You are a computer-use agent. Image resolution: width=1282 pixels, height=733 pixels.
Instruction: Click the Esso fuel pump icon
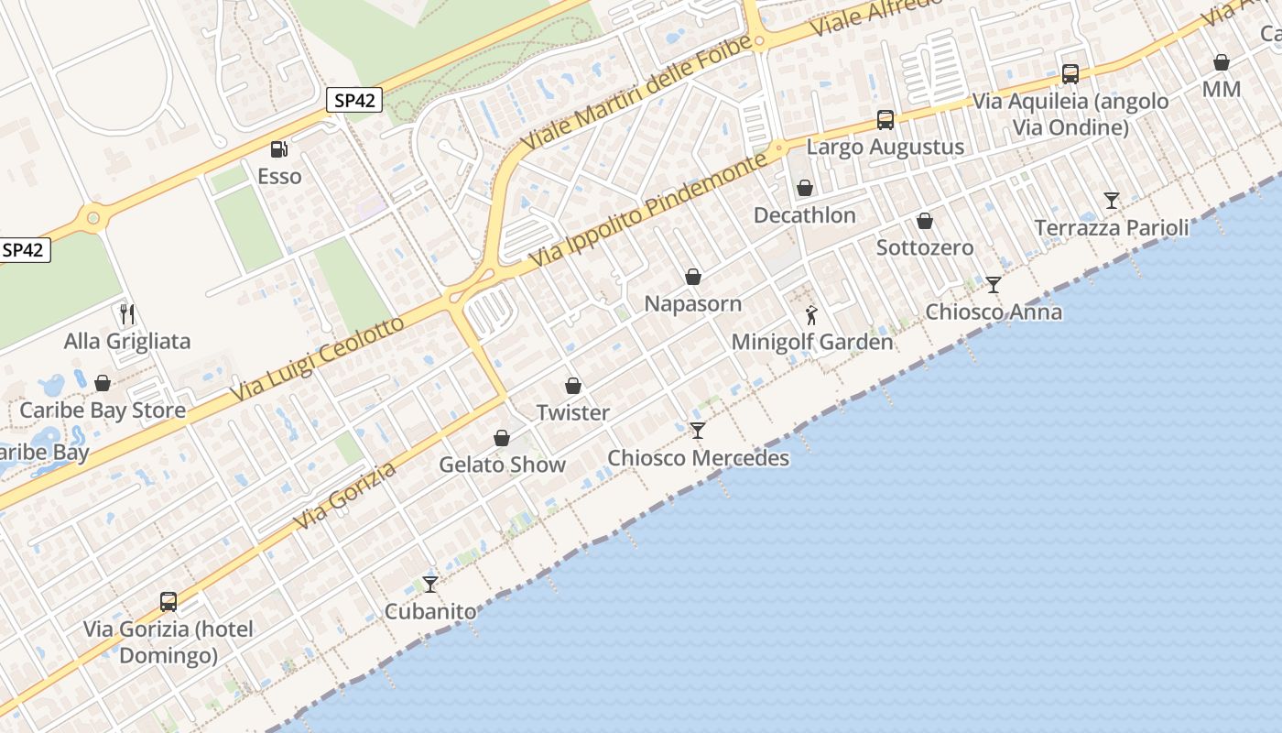(278, 148)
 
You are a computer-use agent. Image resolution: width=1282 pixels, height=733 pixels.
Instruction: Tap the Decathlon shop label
(804, 215)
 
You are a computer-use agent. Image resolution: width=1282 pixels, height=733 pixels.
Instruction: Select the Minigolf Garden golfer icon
(811, 316)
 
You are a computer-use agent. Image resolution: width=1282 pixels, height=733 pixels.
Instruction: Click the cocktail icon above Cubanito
(429, 584)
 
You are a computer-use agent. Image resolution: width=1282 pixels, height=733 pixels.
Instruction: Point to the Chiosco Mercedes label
(698, 458)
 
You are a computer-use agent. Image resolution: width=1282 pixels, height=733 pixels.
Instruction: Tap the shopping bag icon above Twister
(573, 386)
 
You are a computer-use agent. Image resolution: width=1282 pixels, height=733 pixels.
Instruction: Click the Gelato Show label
(502, 465)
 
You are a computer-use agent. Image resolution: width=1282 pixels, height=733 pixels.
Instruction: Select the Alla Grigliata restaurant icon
(127, 314)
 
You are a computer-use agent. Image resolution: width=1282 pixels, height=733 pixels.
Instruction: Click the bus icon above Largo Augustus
(885, 119)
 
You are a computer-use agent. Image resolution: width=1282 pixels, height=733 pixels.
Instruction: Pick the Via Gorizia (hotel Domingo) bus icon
(168, 602)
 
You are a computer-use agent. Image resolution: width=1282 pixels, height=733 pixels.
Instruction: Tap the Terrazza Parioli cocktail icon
(1112, 200)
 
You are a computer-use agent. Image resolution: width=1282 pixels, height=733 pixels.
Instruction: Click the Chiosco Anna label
(994, 312)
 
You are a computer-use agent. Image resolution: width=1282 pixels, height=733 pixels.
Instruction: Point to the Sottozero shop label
(925, 247)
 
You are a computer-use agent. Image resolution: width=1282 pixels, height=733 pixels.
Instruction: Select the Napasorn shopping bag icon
(693, 277)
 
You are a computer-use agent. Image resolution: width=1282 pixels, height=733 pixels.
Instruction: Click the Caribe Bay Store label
(103, 410)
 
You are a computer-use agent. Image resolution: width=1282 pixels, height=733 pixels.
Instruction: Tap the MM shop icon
(1221, 62)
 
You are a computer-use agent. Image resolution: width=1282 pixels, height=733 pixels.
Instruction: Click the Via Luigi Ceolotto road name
(316, 360)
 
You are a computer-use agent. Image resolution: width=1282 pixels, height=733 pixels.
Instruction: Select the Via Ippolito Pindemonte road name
(647, 212)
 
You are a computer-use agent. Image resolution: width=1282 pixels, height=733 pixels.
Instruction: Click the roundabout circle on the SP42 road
(92, 218)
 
